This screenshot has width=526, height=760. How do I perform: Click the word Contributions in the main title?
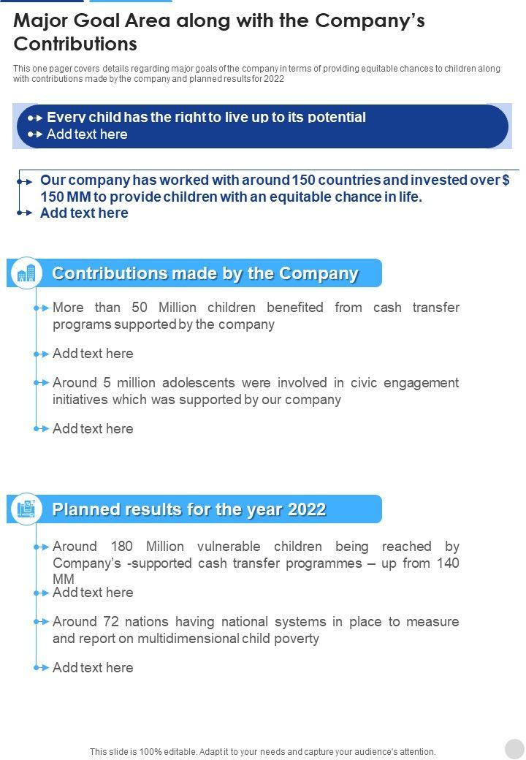75,44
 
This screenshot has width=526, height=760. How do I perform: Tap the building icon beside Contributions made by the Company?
26,273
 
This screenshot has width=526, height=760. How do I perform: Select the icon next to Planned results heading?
26,509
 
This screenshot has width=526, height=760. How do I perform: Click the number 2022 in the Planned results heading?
307,509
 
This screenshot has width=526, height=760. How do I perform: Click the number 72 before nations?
110,621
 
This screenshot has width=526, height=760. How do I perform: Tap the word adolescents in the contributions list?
199,382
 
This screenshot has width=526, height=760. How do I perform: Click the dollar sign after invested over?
506,180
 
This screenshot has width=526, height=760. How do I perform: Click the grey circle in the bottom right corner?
514,748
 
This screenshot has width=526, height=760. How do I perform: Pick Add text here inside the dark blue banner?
87,134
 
